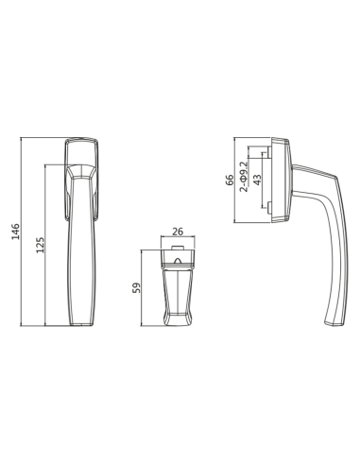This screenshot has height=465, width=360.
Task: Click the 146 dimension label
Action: (x=15, y=232)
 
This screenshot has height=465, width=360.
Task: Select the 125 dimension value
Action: (x=41, y=245)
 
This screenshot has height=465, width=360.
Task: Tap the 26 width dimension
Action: (x=178, y=232)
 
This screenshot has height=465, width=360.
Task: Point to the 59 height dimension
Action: (x=136, y=288)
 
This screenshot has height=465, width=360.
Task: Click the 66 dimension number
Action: (x=230, y=180)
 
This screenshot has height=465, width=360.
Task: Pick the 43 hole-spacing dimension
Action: (x=257, y=180)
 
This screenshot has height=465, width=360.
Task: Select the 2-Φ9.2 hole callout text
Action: (x=244, y=177)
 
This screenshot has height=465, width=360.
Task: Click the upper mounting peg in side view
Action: (x=269, y=152)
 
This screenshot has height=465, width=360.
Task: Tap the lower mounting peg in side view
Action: (x=269, y=208)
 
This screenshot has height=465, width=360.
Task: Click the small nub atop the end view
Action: (x=178, y=248)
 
